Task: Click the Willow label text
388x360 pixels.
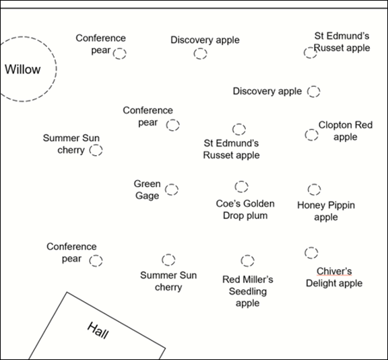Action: pos(22,69)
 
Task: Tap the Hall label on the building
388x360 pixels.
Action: pos(98,330)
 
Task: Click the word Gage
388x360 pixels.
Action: pos(148,196)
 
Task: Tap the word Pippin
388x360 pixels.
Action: pos(342,205)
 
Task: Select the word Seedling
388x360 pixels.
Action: pos(248,291)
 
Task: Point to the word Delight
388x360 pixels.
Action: pos(320,283)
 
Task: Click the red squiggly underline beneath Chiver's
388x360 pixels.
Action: pos(334,275)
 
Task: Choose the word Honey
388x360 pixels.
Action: pos(311,205)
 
